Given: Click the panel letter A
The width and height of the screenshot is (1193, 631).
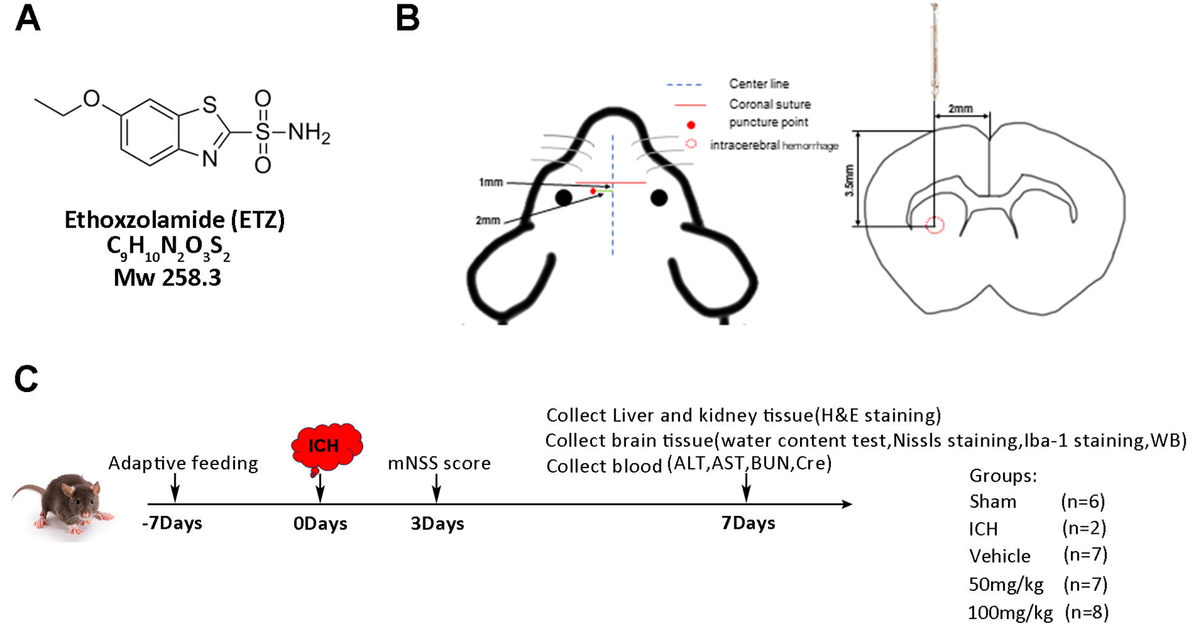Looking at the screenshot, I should coord(28,19).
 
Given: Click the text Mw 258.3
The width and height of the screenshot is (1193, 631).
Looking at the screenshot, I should coord(167,277).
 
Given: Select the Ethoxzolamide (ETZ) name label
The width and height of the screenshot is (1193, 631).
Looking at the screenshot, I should coord(174,220).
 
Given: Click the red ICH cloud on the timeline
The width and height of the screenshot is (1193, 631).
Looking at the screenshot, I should coord(325,445).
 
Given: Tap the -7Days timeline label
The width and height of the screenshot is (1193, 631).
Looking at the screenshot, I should coord(172,523).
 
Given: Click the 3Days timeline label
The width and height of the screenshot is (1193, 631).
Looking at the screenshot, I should coord(437,523).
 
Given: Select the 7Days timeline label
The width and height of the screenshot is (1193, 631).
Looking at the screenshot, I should coord(747,523).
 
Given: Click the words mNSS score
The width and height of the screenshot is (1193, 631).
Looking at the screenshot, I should coord(439,463).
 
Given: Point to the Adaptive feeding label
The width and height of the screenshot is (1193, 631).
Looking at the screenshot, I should coord(183,463).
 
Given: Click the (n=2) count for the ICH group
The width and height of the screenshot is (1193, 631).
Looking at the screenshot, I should coord(1084,528).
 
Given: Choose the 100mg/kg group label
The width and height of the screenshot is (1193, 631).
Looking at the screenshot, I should coord(1010,613).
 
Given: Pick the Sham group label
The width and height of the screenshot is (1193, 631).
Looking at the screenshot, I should coord(993,501).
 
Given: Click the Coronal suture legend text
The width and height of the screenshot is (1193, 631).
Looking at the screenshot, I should coord(769,104).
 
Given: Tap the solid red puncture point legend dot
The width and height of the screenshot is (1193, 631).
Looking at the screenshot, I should coord(691,124).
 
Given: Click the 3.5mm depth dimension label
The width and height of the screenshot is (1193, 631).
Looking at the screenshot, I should coord(850,180).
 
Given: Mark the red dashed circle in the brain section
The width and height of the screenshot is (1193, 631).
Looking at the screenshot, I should coord(934,225).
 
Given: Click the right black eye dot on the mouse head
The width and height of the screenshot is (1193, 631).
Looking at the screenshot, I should coord(659,198).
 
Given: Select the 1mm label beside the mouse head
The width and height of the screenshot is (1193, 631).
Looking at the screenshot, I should coord(490,183).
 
